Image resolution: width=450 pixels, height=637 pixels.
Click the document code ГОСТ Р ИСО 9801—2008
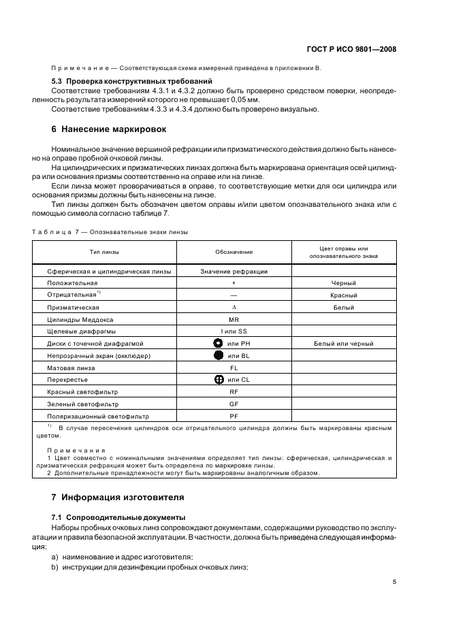tap(352, 49)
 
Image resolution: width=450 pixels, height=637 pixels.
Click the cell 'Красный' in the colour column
tap(343, 295)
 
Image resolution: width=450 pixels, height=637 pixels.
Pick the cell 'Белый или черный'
tap(343, 344)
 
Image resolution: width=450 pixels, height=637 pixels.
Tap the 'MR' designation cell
tap(234, 319)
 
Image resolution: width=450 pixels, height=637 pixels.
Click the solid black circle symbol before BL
tap(219, 355)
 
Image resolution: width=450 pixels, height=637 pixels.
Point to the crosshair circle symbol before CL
tap(219, 379)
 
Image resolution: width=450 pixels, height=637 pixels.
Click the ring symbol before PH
tap(219, 343)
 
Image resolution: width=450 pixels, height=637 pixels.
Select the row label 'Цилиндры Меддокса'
tap(80, 319)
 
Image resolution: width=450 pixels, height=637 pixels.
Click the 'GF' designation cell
tap(234, 403)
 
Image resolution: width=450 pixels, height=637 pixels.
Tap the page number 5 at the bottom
tap(394, 582)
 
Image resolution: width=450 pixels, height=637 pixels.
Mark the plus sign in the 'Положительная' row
tap(234, 283)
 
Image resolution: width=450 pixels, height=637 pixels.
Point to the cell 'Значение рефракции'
tap(234, 271)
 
